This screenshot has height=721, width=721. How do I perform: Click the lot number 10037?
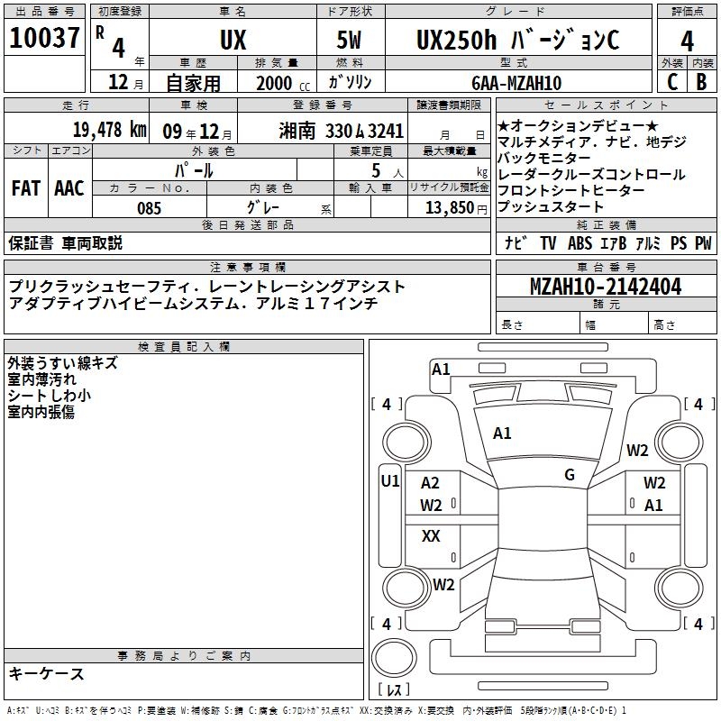tap(44, 38)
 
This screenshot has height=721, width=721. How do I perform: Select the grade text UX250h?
tap(457, 40)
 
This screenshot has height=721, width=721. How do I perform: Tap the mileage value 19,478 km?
tap(110, 130)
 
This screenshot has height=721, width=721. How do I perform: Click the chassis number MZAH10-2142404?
tap(606, 287)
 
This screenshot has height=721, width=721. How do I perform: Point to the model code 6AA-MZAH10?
tap(516, 83)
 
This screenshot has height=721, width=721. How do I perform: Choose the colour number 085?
tap(150, 208)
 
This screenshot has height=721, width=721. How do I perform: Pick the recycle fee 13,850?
tap(449, 208)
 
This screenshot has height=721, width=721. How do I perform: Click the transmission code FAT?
tap(26, 188)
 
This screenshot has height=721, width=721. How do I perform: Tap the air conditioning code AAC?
tap(69, 188)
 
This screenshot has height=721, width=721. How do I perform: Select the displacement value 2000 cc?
tap(283, 83)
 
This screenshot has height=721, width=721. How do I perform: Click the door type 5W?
tap(349, 40)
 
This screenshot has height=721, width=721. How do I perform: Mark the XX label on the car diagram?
tap(431, 535)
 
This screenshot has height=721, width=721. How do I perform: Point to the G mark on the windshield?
tap(570, 475)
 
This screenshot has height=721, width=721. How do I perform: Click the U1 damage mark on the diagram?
tap(390, 481)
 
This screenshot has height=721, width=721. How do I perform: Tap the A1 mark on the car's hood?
tap(502, 434)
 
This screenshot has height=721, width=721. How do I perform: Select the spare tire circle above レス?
tap(394, 658)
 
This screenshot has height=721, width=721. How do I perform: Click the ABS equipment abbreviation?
tap(580, 243)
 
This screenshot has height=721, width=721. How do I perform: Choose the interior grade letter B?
tap(701, 82)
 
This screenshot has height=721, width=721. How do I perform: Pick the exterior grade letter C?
tap(672, 82)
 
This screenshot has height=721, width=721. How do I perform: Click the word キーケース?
tap(47, 674)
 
